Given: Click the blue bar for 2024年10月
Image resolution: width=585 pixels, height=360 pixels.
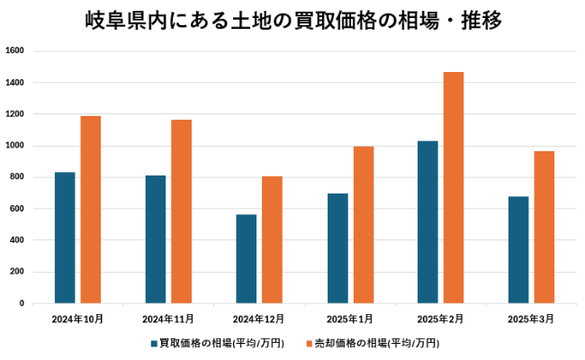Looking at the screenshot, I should (65, 238).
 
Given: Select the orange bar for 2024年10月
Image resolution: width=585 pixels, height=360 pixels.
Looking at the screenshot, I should (91, 210).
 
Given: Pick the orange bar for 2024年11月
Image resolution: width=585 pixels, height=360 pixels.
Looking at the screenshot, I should (181, 211).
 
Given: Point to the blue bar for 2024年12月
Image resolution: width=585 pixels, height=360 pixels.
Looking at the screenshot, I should (246, 259).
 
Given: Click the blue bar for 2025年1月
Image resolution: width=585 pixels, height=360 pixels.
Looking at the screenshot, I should (337, 248).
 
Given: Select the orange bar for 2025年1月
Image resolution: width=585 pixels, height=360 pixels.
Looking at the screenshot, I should (363, 225).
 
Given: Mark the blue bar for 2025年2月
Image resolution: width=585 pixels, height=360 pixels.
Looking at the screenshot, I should (427, 222).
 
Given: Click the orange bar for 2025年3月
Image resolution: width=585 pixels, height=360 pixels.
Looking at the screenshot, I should (544, 227).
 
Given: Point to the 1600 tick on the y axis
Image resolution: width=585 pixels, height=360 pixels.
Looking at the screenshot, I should (18, 51).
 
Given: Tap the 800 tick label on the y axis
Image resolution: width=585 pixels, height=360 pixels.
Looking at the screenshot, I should (18, 177).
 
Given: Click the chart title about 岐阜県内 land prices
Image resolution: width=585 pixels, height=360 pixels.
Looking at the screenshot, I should (292, 19).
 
